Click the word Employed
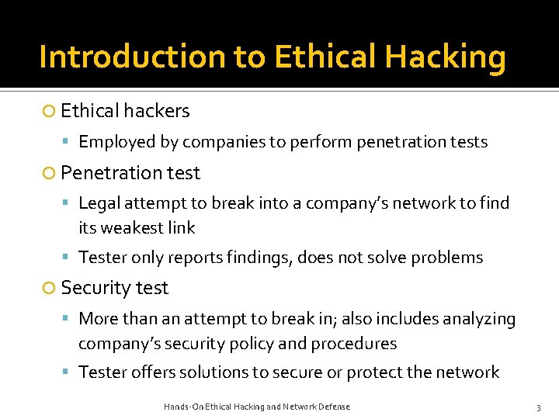pyautogui.click(x=116, y=142)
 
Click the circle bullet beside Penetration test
pyautogui.click(x=49, y=173)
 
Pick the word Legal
pyautogui.click(x=99, y=203)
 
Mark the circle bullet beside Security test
pyautogui.click(x=49, y=288)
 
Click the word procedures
pyautogui.click(x=353, y=344)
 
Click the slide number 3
pyautogui.click(x=537, y=407)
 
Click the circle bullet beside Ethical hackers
pyautogui.click(x=49, y=112)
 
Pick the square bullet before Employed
pyautogui.click(x=68, y=143)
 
